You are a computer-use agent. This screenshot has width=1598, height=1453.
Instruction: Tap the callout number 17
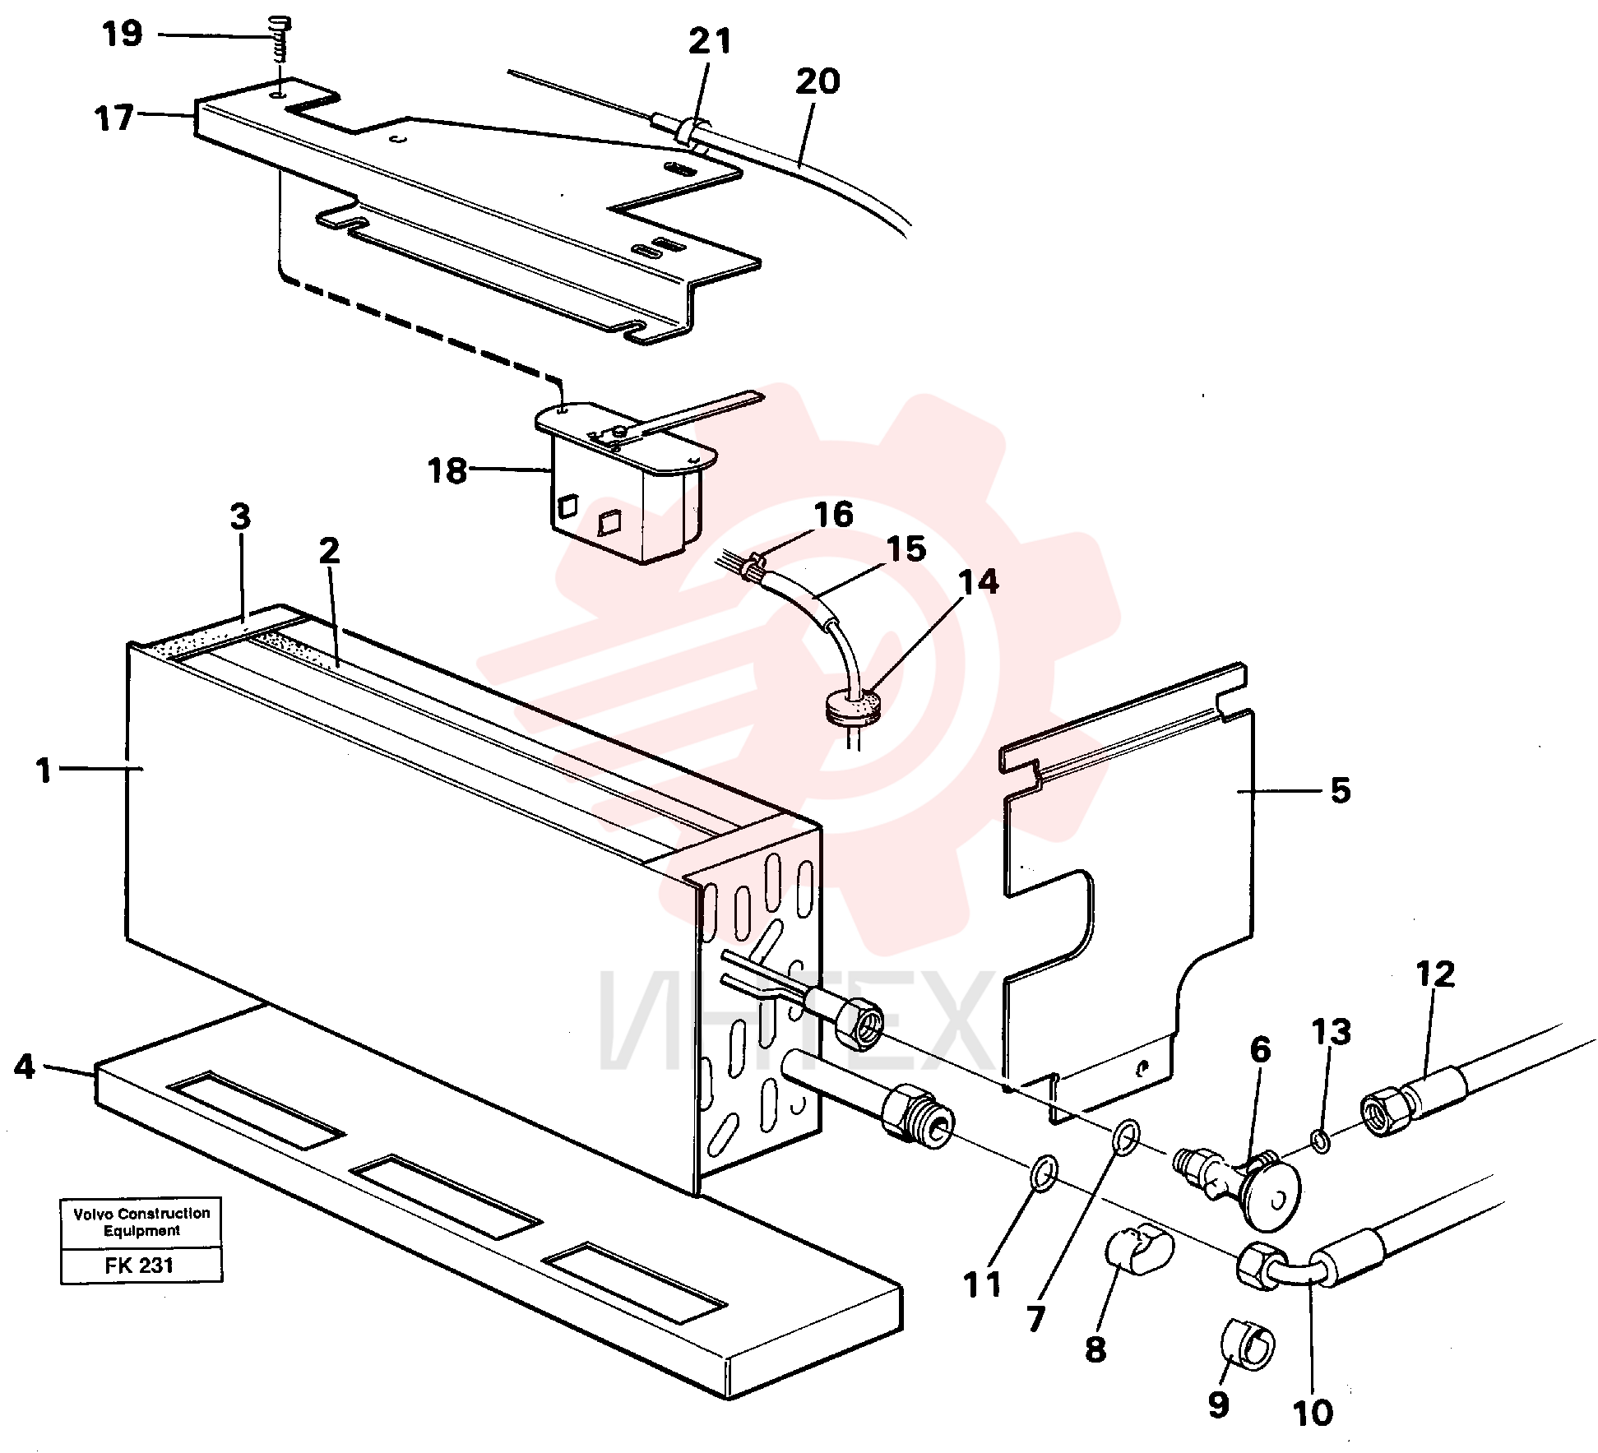click(x=114, y=118)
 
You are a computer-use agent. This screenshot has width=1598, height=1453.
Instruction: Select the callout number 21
click(x=710, y=40)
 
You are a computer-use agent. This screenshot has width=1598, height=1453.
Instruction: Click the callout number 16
click(x=834, y=515)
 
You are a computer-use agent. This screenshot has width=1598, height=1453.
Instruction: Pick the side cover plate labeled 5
click(x=1127, y=892)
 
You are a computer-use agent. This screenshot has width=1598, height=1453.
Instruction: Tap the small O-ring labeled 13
click(x=1320, y=1141)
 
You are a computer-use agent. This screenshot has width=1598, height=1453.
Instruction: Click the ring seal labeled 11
click(x=1044, y=1173)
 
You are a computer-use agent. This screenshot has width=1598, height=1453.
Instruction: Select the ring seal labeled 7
click(x=1125, y=1138)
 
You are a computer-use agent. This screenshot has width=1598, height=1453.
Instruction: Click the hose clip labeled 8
click(x=1138, y=1252)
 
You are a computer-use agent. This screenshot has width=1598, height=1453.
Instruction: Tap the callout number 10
click(x=1313, y=1413)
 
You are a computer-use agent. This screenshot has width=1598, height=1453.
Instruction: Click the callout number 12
click(x=1435, y=974)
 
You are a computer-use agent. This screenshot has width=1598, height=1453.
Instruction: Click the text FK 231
click(x=139, y=1265)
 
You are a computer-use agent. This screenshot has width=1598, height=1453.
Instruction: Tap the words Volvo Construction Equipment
click(x=141, y=1222)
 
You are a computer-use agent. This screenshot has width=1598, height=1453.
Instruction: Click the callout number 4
click(x=25, y=1067)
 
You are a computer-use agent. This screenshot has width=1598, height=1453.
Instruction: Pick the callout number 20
click(x=818, y=81)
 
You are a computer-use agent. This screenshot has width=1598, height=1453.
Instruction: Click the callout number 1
click(x=44, y=770)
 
